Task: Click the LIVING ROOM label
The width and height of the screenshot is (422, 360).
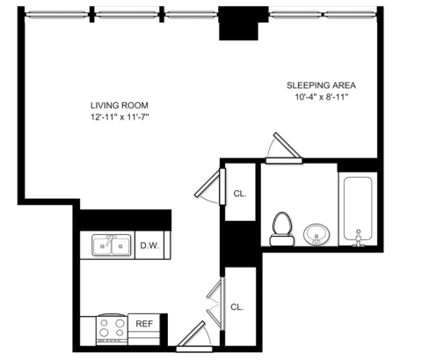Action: pos(120,106)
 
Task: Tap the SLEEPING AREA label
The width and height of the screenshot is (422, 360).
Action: pos(321,85)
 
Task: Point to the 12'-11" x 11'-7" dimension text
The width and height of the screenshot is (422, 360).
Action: pos(120,117)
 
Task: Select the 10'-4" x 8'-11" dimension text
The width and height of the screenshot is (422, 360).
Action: pos(322,97)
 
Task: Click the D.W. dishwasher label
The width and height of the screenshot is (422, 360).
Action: pos(149,246)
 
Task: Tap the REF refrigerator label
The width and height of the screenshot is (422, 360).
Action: pos(144,324)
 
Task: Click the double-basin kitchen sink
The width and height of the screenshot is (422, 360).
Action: pos(112,245)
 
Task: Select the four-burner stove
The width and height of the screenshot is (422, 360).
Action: pos(112,329)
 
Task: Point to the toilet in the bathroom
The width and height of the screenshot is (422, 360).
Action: pos(282,229)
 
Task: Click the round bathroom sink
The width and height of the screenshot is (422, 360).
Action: pos(316,234)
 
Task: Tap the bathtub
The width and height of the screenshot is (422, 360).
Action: pos(358,209)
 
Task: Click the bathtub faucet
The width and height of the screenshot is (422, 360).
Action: pos(358,238)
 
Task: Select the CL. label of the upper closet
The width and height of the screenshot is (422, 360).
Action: pos(240,194)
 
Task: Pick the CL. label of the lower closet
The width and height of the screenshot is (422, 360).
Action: pos(237,307)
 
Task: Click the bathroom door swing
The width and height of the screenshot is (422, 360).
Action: pos(284,148)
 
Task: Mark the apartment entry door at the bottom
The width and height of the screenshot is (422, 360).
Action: pos(194,337)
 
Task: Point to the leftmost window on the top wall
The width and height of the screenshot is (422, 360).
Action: pos(55,13)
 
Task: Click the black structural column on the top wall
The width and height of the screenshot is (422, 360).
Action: pos(239,23)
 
